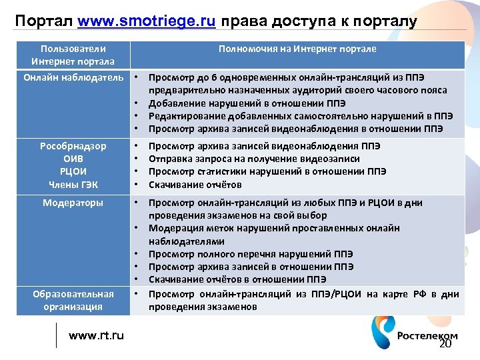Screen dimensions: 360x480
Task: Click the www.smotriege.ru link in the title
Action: [146, 21]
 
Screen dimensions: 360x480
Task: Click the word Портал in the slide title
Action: [44, 21]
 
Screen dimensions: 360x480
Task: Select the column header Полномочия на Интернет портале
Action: [297, 49]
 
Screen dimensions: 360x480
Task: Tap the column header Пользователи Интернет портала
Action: [73, 55]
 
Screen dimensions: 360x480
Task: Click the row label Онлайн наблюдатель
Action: [73, 78]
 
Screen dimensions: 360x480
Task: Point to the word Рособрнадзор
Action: [73, 146]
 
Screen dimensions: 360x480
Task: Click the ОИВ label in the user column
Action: [73, 159]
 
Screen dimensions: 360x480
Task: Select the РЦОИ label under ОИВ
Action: [73, 171]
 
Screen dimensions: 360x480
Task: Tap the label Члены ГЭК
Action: [73, 185]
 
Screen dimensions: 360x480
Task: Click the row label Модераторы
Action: [73, 203]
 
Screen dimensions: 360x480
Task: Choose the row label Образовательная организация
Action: [73, 300]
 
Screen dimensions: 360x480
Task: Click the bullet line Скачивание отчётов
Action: [195, 185]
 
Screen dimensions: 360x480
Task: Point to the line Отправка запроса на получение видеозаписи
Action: [254, 159]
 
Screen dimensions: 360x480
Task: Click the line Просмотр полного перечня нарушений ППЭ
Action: [251, 254]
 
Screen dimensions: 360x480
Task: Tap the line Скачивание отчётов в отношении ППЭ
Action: [237, 279]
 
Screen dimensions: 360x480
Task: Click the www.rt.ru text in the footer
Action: [96, 335]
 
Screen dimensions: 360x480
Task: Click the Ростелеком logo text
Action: [427, 336]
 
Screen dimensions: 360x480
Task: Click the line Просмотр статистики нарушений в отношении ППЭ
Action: [267, 171]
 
